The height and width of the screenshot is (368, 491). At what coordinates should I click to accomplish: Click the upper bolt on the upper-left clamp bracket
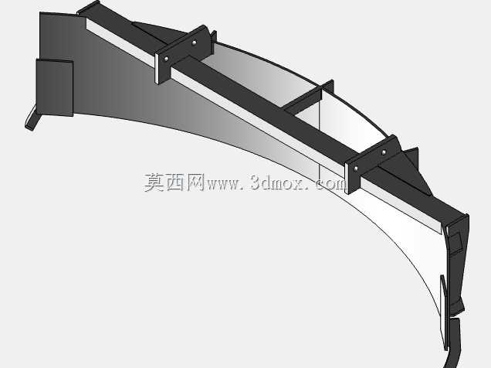coord(194,43)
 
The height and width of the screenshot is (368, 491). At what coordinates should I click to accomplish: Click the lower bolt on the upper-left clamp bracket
coord(166,59)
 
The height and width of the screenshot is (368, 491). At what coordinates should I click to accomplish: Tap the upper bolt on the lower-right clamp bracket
coord(384,152)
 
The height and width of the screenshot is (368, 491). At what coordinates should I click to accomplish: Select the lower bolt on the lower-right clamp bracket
coord(356,169)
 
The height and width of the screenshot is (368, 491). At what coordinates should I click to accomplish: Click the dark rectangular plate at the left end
coord(55,87)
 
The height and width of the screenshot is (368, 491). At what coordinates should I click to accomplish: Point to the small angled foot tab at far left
coord(32,118)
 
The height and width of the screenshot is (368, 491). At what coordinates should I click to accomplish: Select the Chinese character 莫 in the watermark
coord(154,182)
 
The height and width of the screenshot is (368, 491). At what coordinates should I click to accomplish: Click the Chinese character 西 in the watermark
coord(175,182)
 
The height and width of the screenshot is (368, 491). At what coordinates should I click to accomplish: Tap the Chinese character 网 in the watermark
coord(195,182)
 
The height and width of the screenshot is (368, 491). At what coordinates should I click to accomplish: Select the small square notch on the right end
coord(455,240)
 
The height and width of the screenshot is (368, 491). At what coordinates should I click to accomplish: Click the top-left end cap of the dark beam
coord(88,8)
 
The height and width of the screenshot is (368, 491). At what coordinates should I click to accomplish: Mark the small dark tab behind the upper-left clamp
coord(214,37)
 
